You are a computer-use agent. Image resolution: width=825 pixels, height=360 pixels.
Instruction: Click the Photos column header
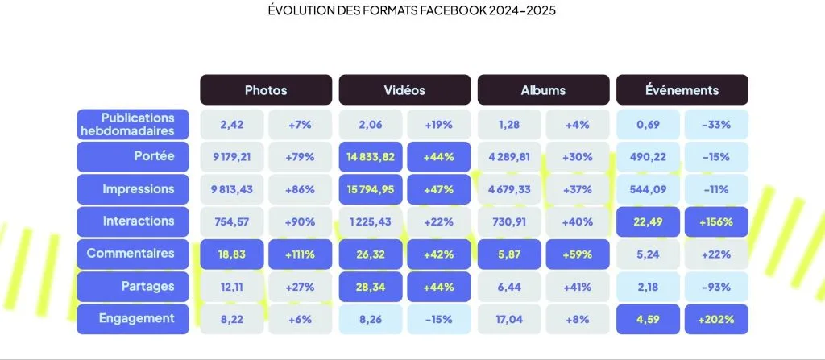[266, 90]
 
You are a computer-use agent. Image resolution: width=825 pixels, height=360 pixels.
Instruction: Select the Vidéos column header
[404, 90]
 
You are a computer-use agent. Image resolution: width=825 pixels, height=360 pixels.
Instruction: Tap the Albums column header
[543, 90]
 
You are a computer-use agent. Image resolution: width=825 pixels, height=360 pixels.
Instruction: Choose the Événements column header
[682, 90]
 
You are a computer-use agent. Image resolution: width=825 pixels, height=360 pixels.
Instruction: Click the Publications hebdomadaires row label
[133, 124]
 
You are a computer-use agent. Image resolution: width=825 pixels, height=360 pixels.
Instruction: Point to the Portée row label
[133, 156]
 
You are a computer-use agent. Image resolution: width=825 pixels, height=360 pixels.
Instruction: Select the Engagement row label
[133, 318]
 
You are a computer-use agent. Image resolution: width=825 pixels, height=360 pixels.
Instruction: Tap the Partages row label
[133, 286]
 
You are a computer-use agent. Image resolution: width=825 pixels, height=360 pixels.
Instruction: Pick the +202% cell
[716, 319]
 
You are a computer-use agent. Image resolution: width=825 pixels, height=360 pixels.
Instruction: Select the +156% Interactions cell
[716, 221]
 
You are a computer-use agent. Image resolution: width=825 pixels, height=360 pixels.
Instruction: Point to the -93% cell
[716, 287]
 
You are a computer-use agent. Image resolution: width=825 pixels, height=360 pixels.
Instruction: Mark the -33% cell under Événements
[716, 124]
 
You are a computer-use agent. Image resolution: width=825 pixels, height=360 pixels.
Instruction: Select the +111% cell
[300, 254]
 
